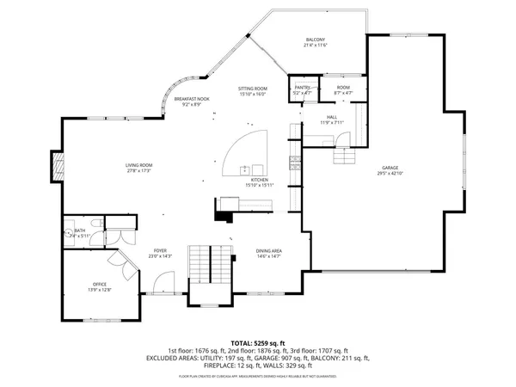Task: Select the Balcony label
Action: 316,40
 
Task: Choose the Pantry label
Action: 303,87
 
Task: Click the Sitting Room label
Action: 253,89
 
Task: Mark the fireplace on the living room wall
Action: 58,166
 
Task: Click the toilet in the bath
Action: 68,232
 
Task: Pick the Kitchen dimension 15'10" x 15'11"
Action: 260,186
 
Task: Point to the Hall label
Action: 332,117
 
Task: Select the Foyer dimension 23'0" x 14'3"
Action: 160,255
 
